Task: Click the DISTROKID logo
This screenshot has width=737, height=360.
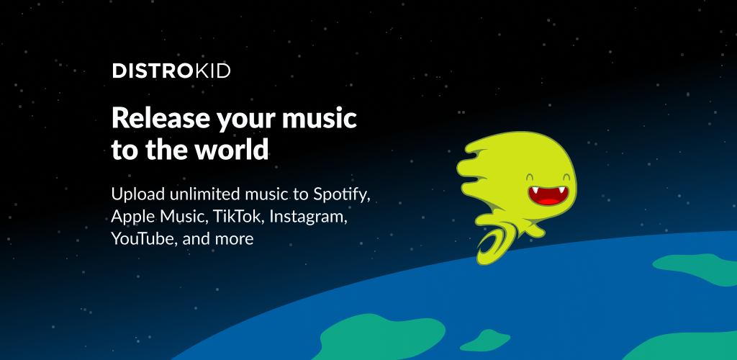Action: [x=171, y=71]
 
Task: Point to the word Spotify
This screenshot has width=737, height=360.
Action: [x=342, y=194]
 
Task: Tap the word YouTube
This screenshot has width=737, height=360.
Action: [x=145, y=239]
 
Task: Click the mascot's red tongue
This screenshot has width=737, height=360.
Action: [x=548, y=201]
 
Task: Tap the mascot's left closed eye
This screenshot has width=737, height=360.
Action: [x=530, y=177]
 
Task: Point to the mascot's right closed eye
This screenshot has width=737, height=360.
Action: [x=566, y=177]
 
